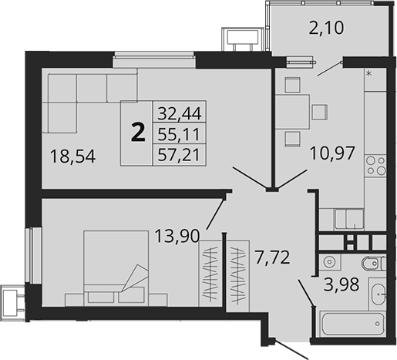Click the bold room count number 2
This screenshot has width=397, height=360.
138,133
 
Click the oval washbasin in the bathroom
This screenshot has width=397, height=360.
379,294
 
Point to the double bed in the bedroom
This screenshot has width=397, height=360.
116,262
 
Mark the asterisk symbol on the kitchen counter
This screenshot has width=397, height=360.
369,74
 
